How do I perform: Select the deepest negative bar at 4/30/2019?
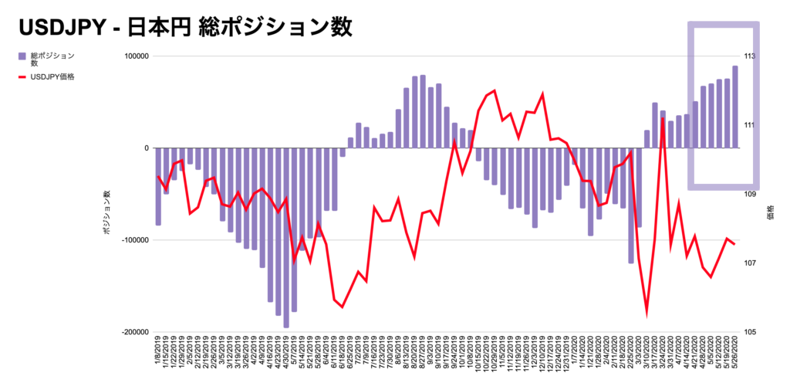[x=286, y=238]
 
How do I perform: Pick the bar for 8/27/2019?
[x=423, y=112]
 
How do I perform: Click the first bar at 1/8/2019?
[x=158, y=186]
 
